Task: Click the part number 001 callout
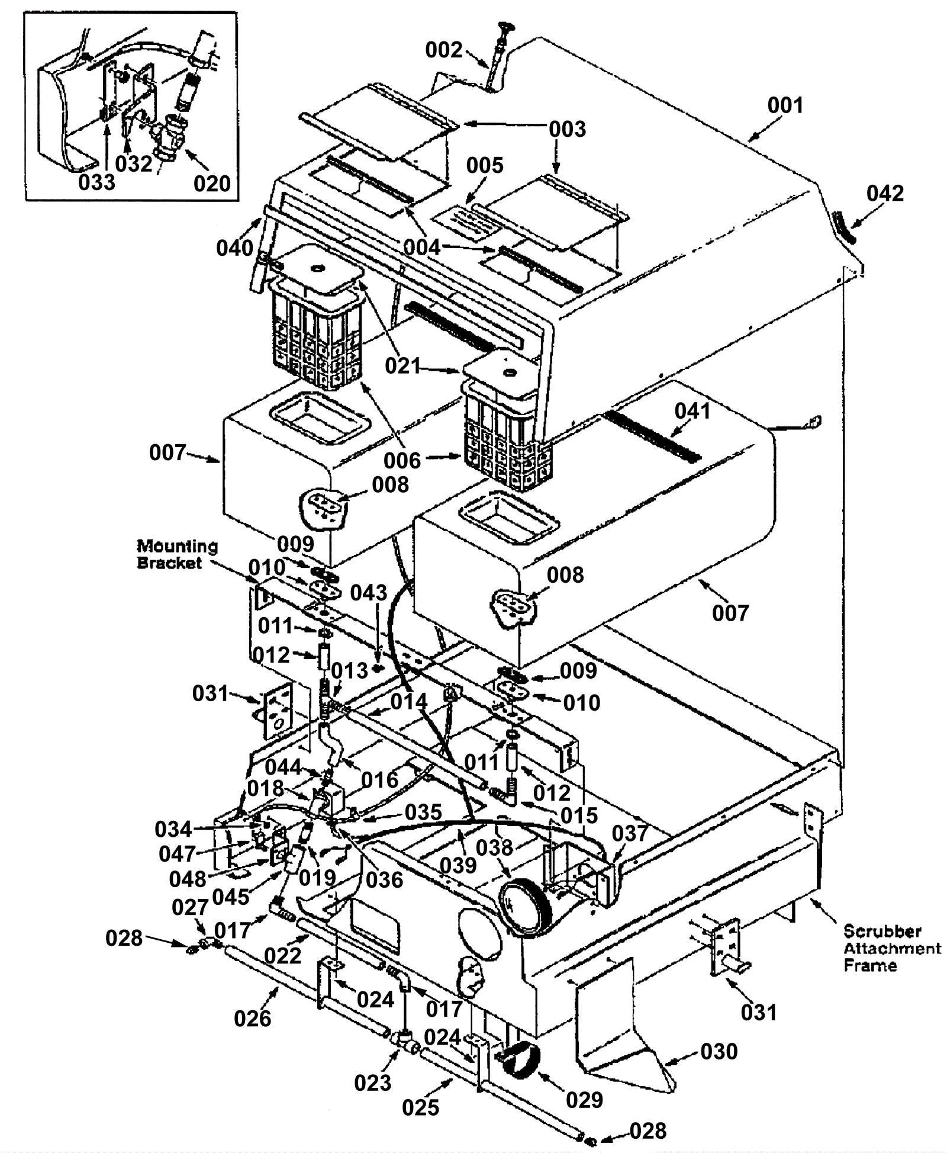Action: tap(785, 105)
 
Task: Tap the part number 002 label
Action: tap(443, 50)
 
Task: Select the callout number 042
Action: tap(885, 194)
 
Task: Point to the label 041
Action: tap(692, 410)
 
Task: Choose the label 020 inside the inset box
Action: tap(212, 183)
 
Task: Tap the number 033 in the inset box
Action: tap(96, 182)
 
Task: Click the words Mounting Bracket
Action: tap(177, 554)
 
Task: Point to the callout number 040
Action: tap(234, 248)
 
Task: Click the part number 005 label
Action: tap(484, 165)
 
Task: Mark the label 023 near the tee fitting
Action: tap(373, 1083)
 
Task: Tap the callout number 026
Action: tap(252, 1018)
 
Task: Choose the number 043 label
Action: tap(368, 592)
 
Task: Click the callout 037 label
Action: tap(630, 833)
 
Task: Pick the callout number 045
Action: tap(231, 896)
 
